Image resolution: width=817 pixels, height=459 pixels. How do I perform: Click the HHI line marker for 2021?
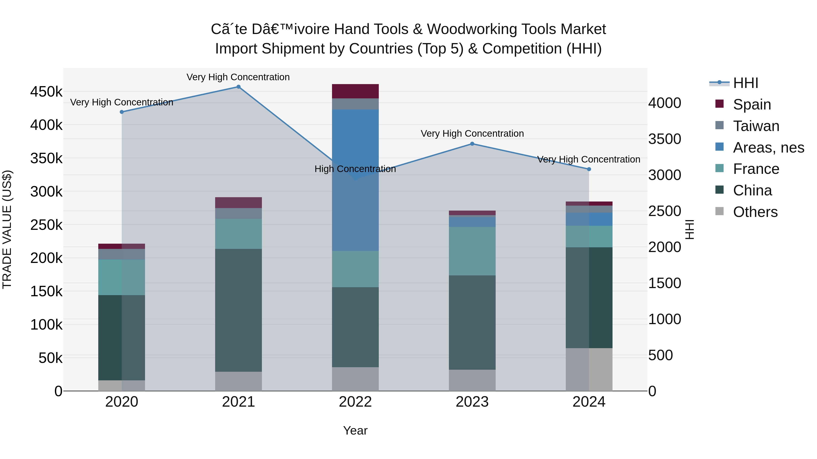(x=239, y=87)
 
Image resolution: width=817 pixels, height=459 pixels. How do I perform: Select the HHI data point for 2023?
(x=472, y=144)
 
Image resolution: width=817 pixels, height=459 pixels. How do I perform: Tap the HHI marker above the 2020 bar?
(x=122, y=112)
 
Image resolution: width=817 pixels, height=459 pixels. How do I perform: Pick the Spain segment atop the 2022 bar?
(x=355, y=91)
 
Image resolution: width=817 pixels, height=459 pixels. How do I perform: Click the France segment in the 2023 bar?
(x=472, y=251)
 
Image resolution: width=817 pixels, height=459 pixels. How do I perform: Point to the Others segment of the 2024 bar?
(x=589, y=369)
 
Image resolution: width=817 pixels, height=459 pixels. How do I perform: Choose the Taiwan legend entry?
(x=756, y=126)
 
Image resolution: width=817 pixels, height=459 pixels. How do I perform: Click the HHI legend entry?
(x=745, y=83)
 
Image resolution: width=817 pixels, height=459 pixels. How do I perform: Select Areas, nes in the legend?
(x=768, y=148)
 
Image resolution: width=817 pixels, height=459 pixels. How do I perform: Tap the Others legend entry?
(x=755, y=212)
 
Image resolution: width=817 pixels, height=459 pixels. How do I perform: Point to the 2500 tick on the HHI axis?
(x=664, y=211)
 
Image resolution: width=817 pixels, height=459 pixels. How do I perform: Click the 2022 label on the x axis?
(x=355, y=402)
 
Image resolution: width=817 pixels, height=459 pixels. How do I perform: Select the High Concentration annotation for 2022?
(x=355, y=169)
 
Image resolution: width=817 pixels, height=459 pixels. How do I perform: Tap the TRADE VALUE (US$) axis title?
(x=7, y=229)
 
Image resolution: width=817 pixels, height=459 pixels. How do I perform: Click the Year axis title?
(x=355, y=430)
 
